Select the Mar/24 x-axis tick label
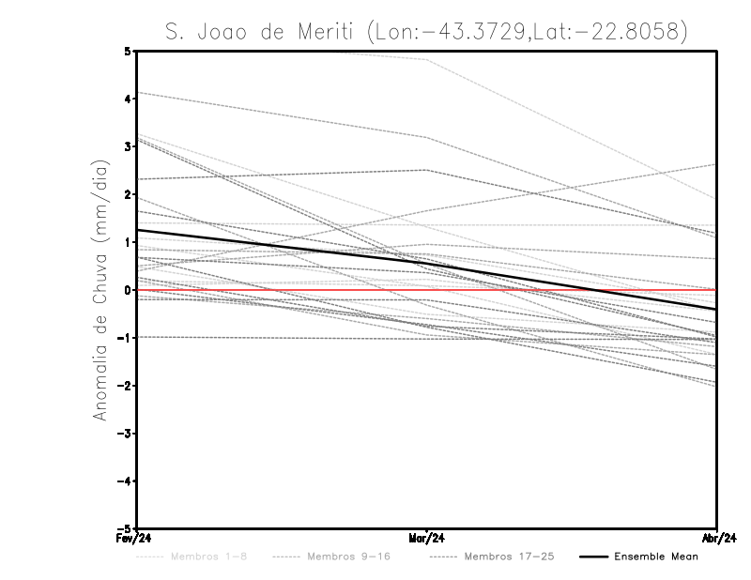pos(427,539)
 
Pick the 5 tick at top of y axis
pos(127,51)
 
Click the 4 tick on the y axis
pos(127,99)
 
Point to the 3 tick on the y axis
pos(127,146)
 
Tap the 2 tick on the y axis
pos(127,194)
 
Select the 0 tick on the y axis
pos(127,290)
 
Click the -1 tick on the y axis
pos(125,338)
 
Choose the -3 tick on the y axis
pos(125,434)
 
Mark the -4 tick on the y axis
pos(125,481)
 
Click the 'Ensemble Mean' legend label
pos(655,557)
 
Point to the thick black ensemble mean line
pos(282,249)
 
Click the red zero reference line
pos(563,290)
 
